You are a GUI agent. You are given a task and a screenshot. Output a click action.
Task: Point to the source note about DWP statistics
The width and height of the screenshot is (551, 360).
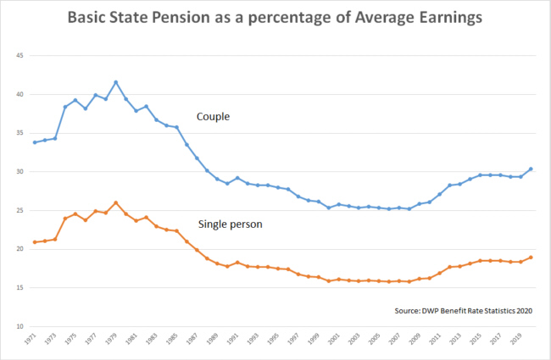pyautogui.click(x=462, y=311)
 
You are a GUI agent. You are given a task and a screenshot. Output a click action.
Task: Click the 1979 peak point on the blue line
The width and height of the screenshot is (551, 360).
pyautogui.click(x=115, y=82)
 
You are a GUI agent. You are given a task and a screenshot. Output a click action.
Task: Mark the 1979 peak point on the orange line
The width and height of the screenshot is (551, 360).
pyautogui.click(x=115, y=202)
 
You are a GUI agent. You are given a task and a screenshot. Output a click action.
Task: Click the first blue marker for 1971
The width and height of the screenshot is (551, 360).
pyautogui.click(x=34, y=142)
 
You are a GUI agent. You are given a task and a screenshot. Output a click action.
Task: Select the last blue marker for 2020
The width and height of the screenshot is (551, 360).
pyautogui.click(x=532, y=169)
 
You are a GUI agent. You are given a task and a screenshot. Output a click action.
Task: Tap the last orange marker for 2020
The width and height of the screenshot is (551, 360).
pyautogui.click(x=532, y=258)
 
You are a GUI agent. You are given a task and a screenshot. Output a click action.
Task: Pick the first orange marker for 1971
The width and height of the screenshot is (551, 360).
pyautogui.click(x=34, y=242)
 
